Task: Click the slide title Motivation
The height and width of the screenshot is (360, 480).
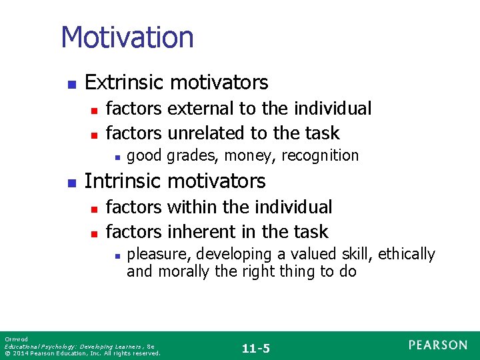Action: (127, 37)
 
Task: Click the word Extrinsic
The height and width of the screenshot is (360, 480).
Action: (125, 83)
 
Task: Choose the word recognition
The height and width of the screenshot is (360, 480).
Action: (320, 156)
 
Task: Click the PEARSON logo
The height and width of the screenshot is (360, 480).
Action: (438, 345)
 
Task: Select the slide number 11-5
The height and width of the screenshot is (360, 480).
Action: (256, 348)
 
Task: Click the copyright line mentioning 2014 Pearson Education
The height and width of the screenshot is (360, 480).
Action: (82, 353)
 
